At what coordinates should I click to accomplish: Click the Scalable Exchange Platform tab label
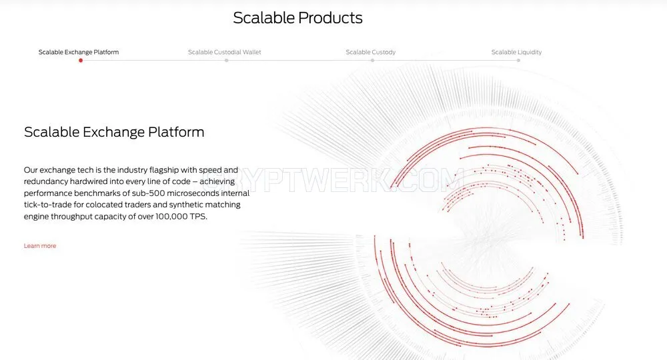coord(79,52)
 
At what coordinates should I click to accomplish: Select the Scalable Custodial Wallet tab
coord(225,52)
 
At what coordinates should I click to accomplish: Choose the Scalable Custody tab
coord(370,52)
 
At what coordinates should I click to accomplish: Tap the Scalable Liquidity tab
coord(516,52)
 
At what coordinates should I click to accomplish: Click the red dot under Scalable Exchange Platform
coord(81,61)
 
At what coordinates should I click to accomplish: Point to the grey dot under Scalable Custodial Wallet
coord(226,61)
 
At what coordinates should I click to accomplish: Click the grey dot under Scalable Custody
coord(372,61)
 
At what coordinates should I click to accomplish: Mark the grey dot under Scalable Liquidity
coord(518,61)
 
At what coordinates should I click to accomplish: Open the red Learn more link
coord(40,246)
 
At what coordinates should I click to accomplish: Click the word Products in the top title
coord(330,18)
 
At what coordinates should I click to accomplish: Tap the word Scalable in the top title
coord(263,18)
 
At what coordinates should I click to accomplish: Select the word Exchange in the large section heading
coord(113,132)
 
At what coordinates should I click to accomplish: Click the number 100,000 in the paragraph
coord(171,217)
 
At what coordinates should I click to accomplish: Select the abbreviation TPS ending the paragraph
coord(198,217)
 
